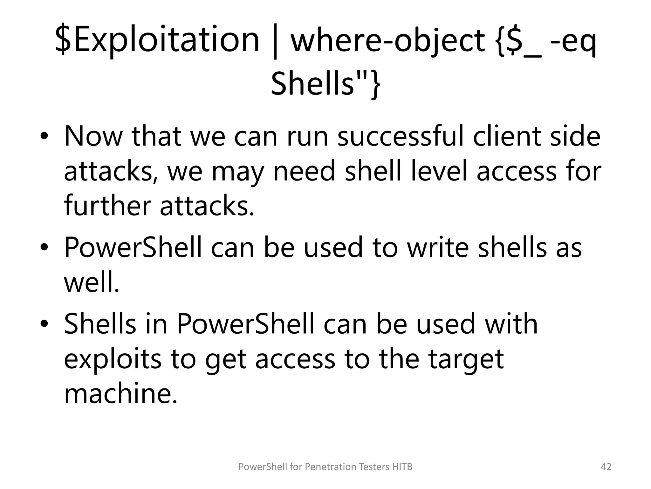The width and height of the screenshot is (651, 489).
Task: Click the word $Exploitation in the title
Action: (157, 40)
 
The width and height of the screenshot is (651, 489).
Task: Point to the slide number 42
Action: (606, 467)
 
